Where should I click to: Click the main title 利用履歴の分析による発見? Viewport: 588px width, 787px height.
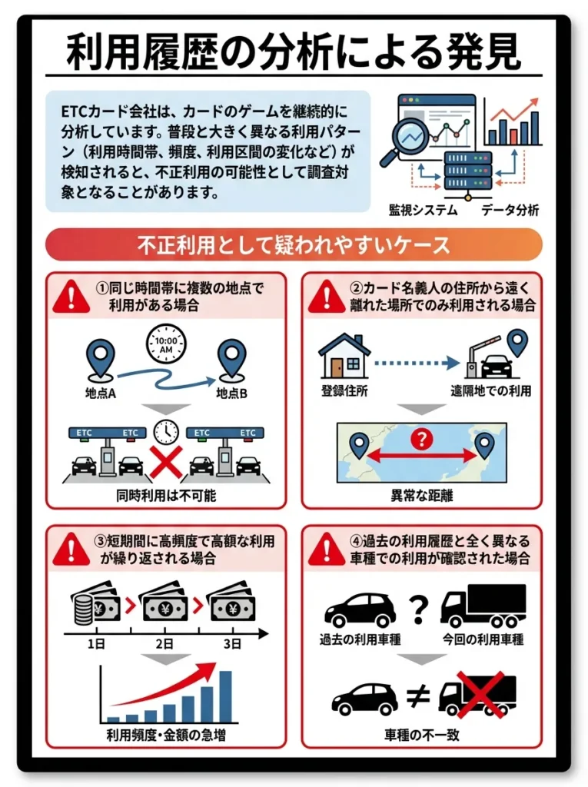(x=294, y=52)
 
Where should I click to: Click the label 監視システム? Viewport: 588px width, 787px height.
(x=424, y=210)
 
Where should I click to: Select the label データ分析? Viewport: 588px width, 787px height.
(x=510, y=210)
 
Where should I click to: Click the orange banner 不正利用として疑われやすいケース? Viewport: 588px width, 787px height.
(x=294, y=244)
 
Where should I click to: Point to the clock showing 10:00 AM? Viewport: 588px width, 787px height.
(x=166, y=345)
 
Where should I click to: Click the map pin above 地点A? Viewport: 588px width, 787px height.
(x=101, y=358)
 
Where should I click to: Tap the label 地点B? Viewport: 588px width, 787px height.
(x=231, y=393)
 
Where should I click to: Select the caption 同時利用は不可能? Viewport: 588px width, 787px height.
(x=166, y=496)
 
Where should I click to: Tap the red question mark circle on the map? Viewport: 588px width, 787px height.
(x=421, y=440)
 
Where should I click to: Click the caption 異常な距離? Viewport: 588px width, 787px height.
(x=422, y=496)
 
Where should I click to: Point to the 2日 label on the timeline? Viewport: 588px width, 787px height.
(x=164, y=643)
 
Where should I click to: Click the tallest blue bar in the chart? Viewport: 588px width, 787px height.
(x=226, y=696)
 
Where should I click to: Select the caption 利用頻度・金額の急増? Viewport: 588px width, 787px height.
(x=166, y=736)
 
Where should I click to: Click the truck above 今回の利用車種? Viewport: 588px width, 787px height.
(x=483, y=606)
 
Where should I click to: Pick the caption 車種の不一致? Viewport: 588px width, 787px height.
(x=422, y=736)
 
